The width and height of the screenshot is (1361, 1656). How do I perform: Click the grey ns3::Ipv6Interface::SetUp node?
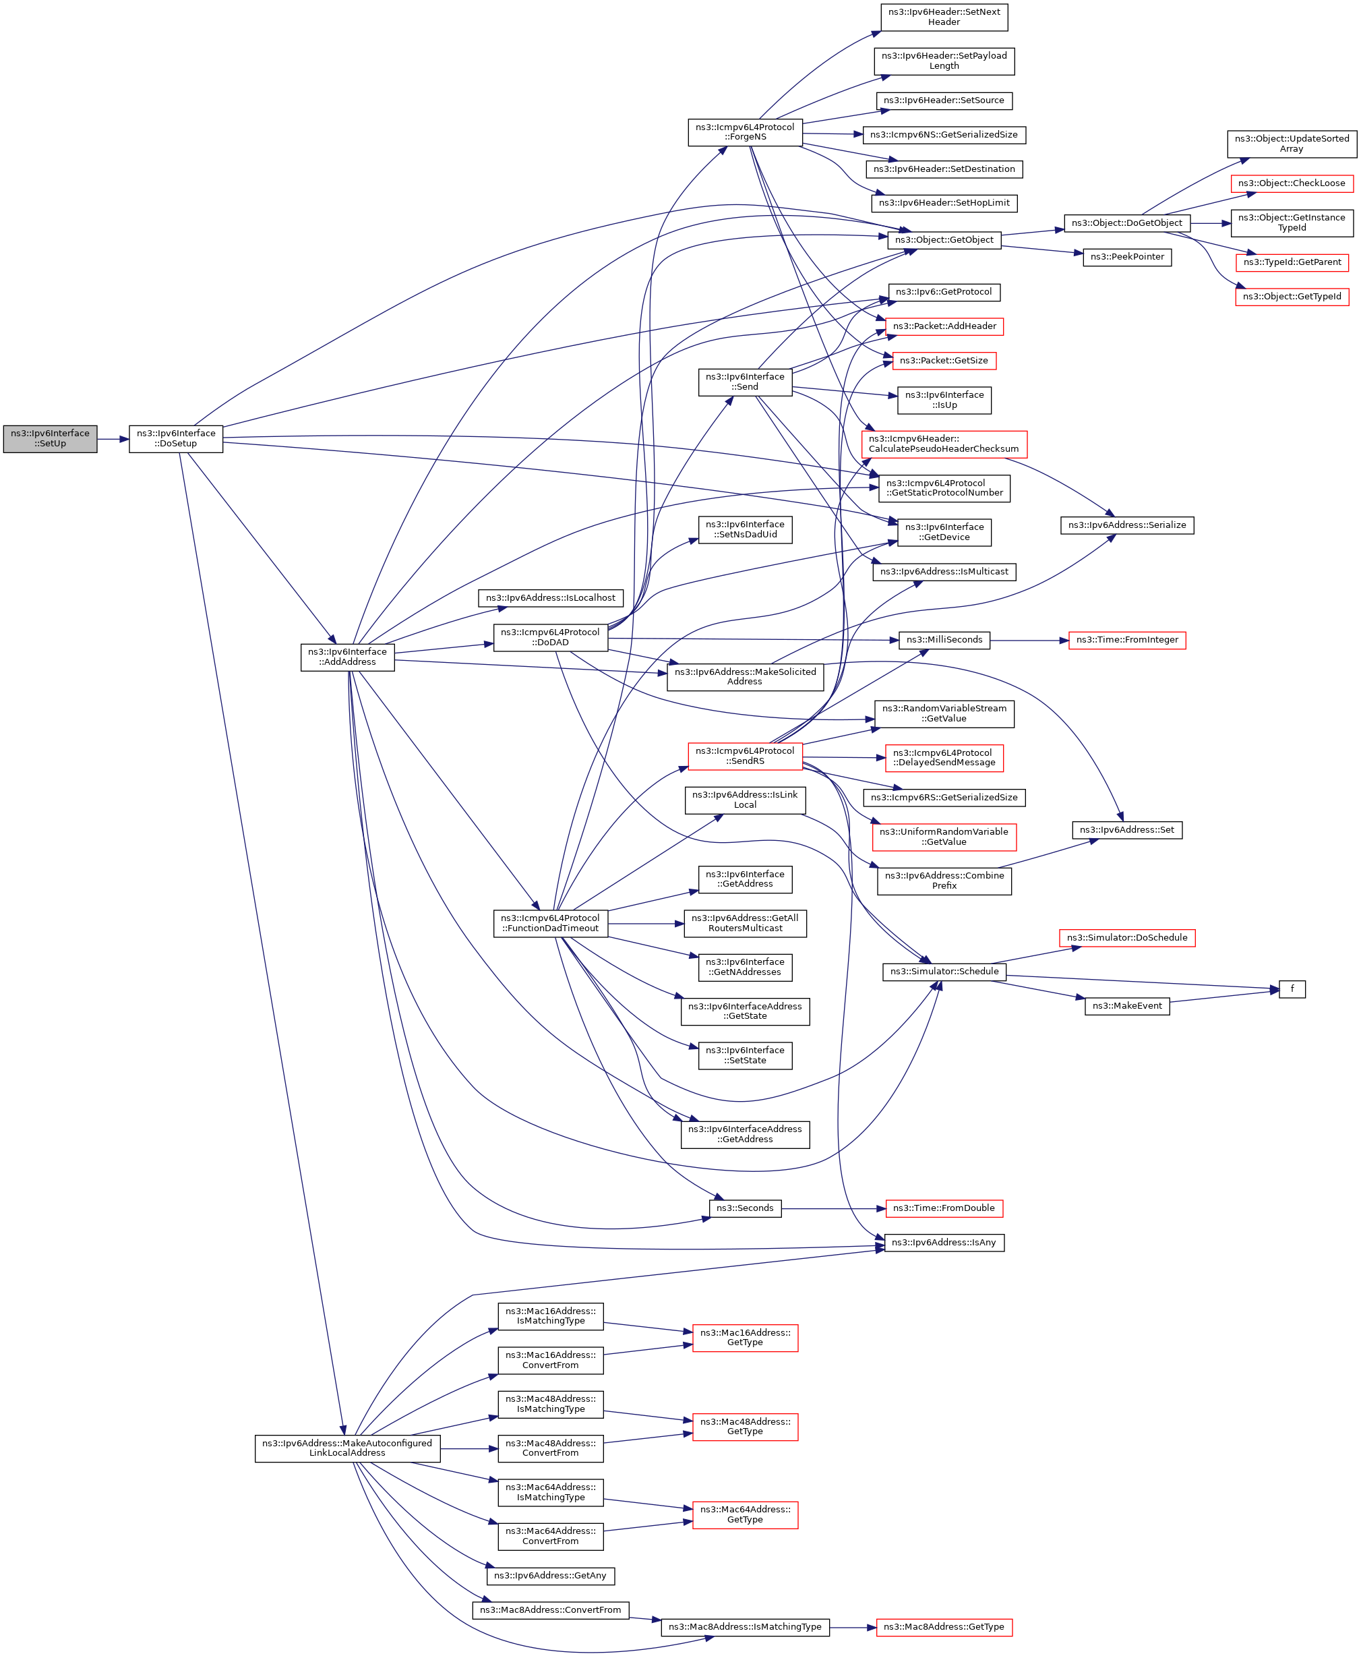(50, 438)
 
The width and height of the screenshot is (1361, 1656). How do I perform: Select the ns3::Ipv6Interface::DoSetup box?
(176, 438)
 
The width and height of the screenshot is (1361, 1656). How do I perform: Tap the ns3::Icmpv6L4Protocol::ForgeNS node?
(745, 131)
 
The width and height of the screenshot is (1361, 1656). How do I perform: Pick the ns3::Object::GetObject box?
(944, 240)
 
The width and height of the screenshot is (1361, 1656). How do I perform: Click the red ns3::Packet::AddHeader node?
(944, 326)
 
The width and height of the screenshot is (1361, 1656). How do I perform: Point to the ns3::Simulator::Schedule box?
(944, 972)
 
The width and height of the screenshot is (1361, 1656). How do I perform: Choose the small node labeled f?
(1292, 988)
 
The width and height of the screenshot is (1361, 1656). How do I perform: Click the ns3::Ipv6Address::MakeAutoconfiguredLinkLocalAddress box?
(347, 1448)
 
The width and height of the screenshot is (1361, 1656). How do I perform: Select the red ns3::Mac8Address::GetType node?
(944, 1627)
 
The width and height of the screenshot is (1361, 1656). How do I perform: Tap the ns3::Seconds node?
(745, 1208)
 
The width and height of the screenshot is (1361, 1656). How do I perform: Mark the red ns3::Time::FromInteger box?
(1126, 640)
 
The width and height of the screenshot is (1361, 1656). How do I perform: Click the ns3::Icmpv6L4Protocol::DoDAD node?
(550, 637)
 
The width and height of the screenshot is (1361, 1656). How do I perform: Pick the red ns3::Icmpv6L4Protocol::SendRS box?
(745, 756)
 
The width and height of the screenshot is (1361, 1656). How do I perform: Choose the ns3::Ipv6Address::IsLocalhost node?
(550, 597)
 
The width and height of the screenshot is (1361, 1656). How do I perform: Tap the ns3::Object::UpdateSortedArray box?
(1291, 144)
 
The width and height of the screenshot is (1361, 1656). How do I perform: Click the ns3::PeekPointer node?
(1126, 256)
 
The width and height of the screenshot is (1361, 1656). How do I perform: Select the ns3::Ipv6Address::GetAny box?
(550, 1575)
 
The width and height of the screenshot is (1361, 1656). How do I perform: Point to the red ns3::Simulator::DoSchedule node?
(1126, 938)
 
